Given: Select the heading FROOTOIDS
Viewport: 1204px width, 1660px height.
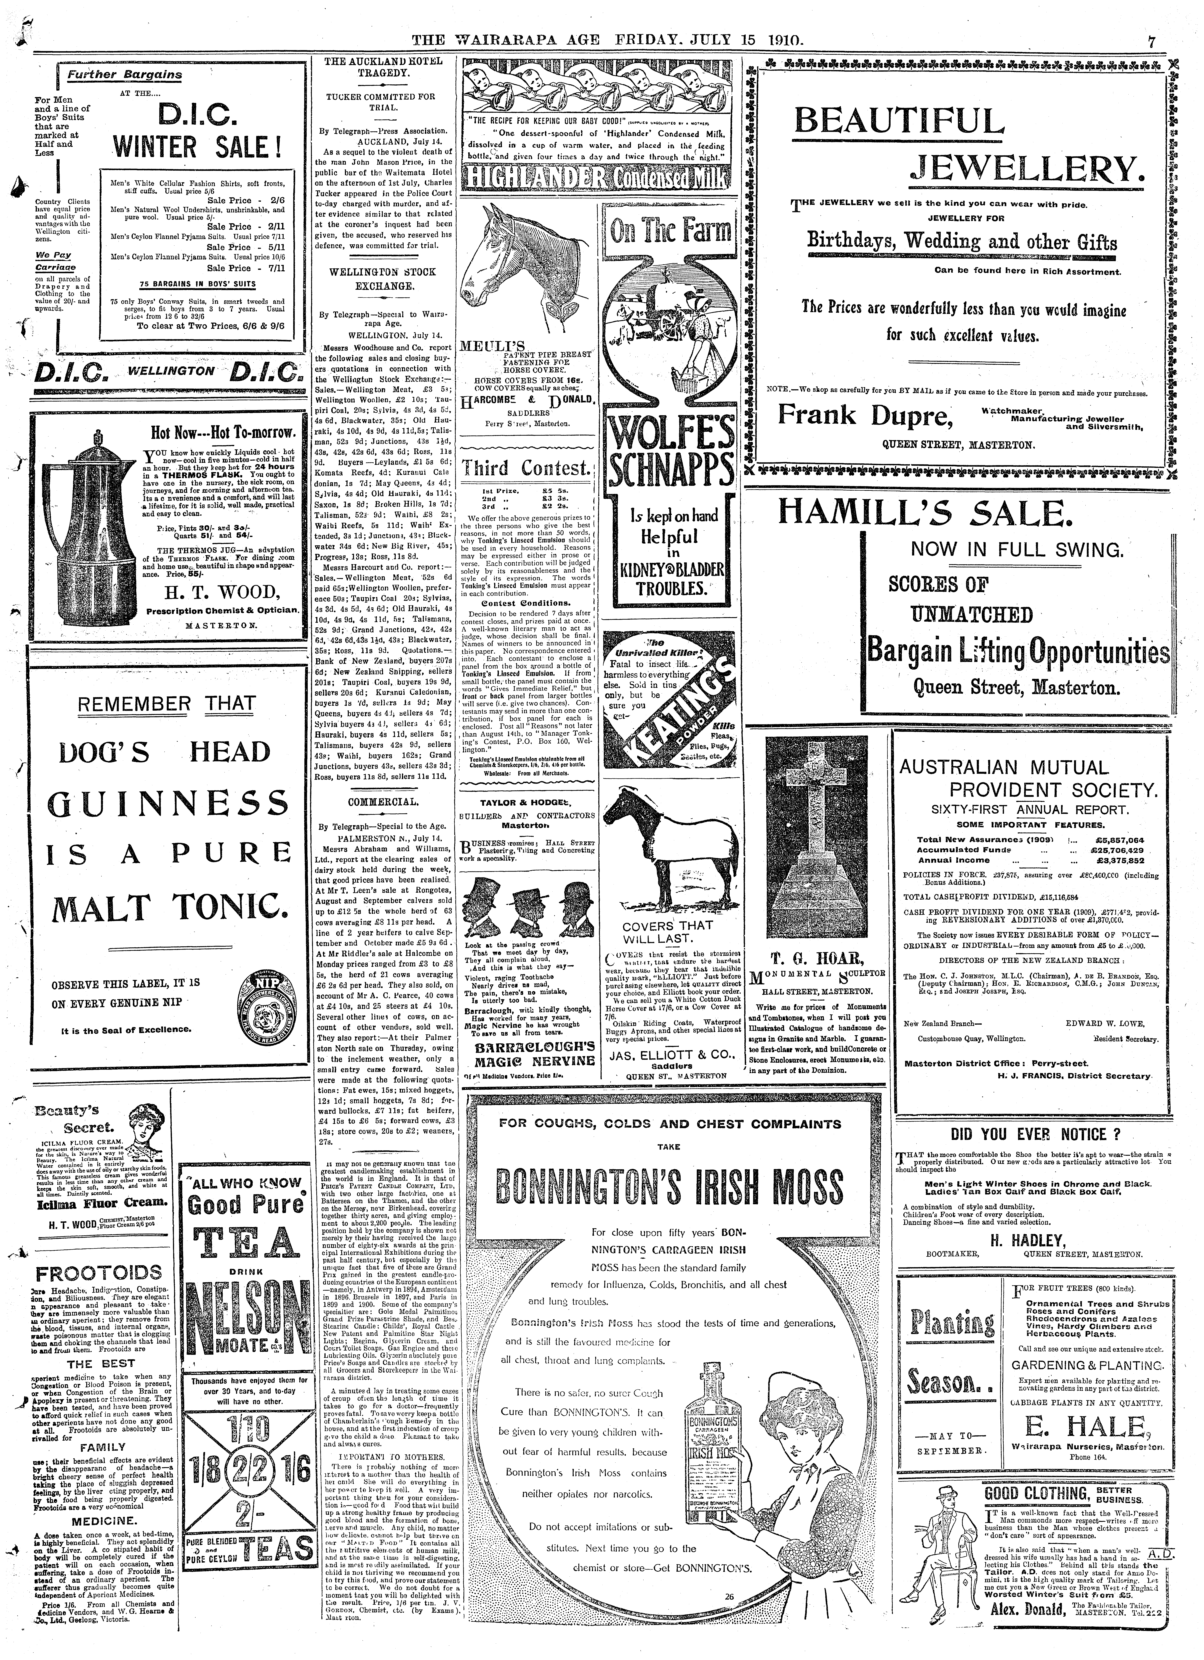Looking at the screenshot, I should pyautogui.click(x=98, y=1271).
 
